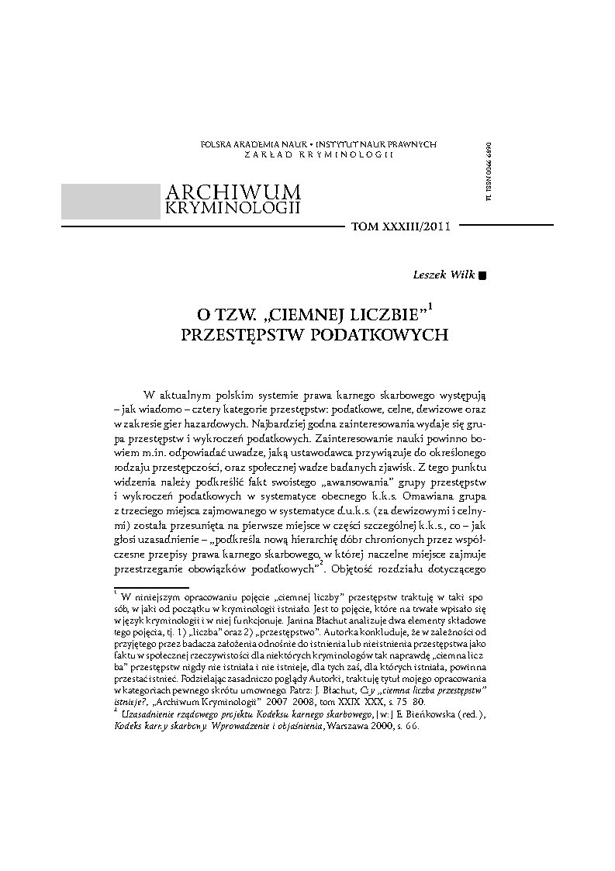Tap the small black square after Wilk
[x=482, y=275]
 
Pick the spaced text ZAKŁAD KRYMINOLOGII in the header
[x=319, y=155]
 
